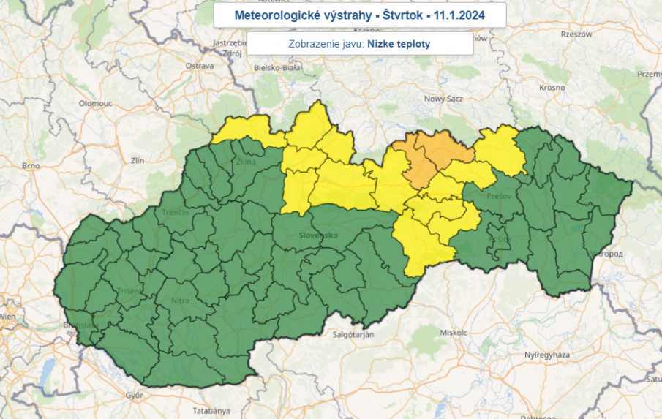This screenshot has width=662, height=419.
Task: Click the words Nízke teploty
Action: pyautogui.click(x=399, y=44)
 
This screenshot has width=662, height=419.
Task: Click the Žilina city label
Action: pyautogui.click(x=245, y=162)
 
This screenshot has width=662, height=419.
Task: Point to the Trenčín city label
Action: pyautogui.click(x=176, y=212)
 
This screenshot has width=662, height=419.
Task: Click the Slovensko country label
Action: pyautogui.click(x=318, y=235)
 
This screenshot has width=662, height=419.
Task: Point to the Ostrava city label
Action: pyautogui.click(x=199, y=66)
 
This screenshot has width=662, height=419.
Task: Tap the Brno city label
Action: pyautogui.click(x=30, y=166)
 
